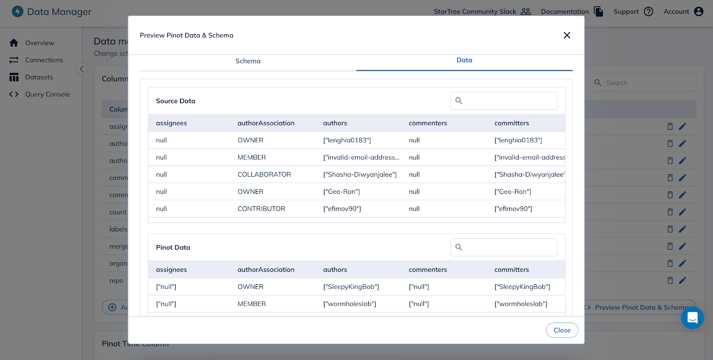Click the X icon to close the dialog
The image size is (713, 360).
coord(567,35)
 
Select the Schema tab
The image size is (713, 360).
coord(248,61)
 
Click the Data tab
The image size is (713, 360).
coord(464,60)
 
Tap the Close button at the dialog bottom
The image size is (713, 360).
coord(562,330)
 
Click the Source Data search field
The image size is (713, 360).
coord(508,101)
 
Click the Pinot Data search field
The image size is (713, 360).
coord(508,247)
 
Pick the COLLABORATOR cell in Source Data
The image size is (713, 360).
coord(264,175)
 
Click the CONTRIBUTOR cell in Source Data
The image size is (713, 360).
coord(261,209)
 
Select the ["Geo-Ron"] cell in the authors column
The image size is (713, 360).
coord(341,192)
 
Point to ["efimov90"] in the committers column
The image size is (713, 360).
coord(513,209)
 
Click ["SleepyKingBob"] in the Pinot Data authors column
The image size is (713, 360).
coord(351,287)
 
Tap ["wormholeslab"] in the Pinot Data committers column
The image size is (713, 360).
coord(520,304)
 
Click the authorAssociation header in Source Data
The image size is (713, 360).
coord(266,123)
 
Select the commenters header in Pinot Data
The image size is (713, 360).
coord(427,270)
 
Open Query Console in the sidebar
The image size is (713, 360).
coord(47,94)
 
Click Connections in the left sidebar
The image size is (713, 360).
coord(44,60)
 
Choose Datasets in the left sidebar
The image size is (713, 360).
coord(39,77)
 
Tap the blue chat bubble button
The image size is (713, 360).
coord(692,318)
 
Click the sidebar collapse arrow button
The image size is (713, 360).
coord(82,69)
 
